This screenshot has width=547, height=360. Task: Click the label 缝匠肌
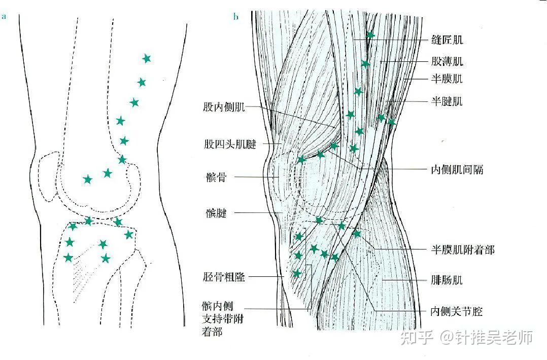click(447, 40)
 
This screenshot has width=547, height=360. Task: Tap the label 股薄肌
click(447, 62)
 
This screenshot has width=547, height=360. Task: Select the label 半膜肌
click(447, 79)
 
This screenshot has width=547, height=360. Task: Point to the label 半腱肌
click(447, 101)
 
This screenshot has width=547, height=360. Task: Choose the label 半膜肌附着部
click(462, 249)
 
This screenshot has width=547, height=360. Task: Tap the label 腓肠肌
click(447, 280)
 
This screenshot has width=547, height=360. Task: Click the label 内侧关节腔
click(457, 311)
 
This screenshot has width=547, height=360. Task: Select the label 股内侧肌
click(224, 107)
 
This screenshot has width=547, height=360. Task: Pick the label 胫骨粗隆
click(224, 277)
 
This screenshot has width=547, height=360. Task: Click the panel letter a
click(4, 17)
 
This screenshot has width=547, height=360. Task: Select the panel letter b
click(235, 17)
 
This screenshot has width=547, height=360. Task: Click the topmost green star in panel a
click(147, 58)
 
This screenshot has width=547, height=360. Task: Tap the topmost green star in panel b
click(370, 34)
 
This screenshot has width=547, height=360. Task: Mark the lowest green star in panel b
click(297, 274)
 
